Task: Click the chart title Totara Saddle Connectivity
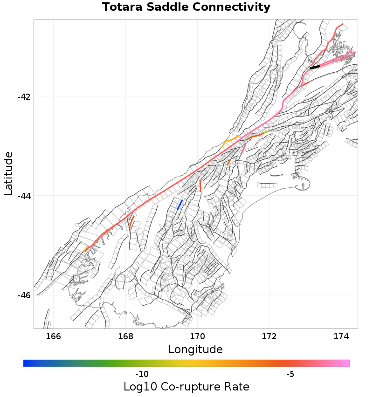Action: [186, 7]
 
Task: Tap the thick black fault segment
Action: [315, 67]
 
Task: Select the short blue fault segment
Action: [180, 204]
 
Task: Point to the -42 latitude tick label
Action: [24, 96]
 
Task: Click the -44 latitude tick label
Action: [24, 196]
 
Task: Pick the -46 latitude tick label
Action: [24, 295]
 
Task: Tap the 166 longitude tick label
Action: [54, 336]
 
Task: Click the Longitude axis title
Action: [195, 349]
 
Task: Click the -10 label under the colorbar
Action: [141, 374]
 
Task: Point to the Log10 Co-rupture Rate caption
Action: [186, 387]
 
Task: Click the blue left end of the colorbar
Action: [26, 363]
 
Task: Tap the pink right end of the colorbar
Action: [346, 363]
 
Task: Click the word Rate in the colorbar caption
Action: [237, 387]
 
